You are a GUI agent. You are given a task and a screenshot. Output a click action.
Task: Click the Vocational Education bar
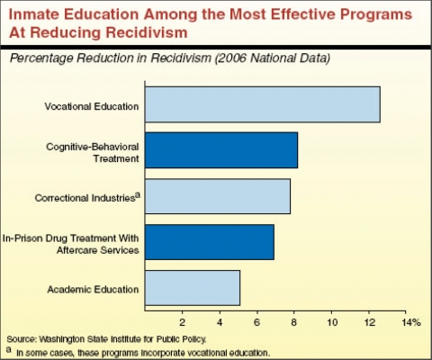262,104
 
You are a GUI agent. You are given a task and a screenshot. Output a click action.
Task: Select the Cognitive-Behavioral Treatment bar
220,150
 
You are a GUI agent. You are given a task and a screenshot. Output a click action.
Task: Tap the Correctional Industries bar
217,195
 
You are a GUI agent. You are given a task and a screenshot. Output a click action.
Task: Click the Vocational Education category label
92,106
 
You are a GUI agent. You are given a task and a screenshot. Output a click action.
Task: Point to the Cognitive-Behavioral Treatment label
93,151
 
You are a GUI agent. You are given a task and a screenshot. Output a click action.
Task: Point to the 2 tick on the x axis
183,321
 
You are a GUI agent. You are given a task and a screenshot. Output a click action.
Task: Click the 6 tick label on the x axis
257,321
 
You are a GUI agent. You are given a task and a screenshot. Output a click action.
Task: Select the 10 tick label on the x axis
332,321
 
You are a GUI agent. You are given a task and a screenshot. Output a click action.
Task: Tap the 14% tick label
410,321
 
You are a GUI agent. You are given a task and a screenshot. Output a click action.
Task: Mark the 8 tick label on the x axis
294,321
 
